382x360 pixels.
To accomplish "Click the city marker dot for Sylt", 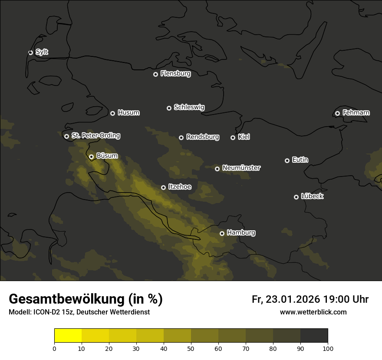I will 30,52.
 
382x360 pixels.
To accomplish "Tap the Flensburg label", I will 175,74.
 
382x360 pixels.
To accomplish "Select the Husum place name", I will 128,113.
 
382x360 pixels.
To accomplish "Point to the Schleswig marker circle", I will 169,108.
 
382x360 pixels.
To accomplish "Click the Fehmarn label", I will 356,113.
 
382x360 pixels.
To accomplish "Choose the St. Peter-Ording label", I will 95,136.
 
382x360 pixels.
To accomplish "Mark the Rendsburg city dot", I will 181,137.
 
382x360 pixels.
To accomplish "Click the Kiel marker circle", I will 233,137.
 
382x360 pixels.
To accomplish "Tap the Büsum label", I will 107,156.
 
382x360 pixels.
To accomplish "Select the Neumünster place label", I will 241,168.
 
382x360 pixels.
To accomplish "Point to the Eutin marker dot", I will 287,160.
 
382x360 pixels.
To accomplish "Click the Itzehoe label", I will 179,187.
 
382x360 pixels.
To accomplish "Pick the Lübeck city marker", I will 296,197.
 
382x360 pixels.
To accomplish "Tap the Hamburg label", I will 241,233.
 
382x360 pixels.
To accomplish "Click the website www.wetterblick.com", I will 313,312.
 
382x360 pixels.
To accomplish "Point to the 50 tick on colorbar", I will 191,348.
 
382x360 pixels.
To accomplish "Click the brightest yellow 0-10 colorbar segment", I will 68,336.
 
